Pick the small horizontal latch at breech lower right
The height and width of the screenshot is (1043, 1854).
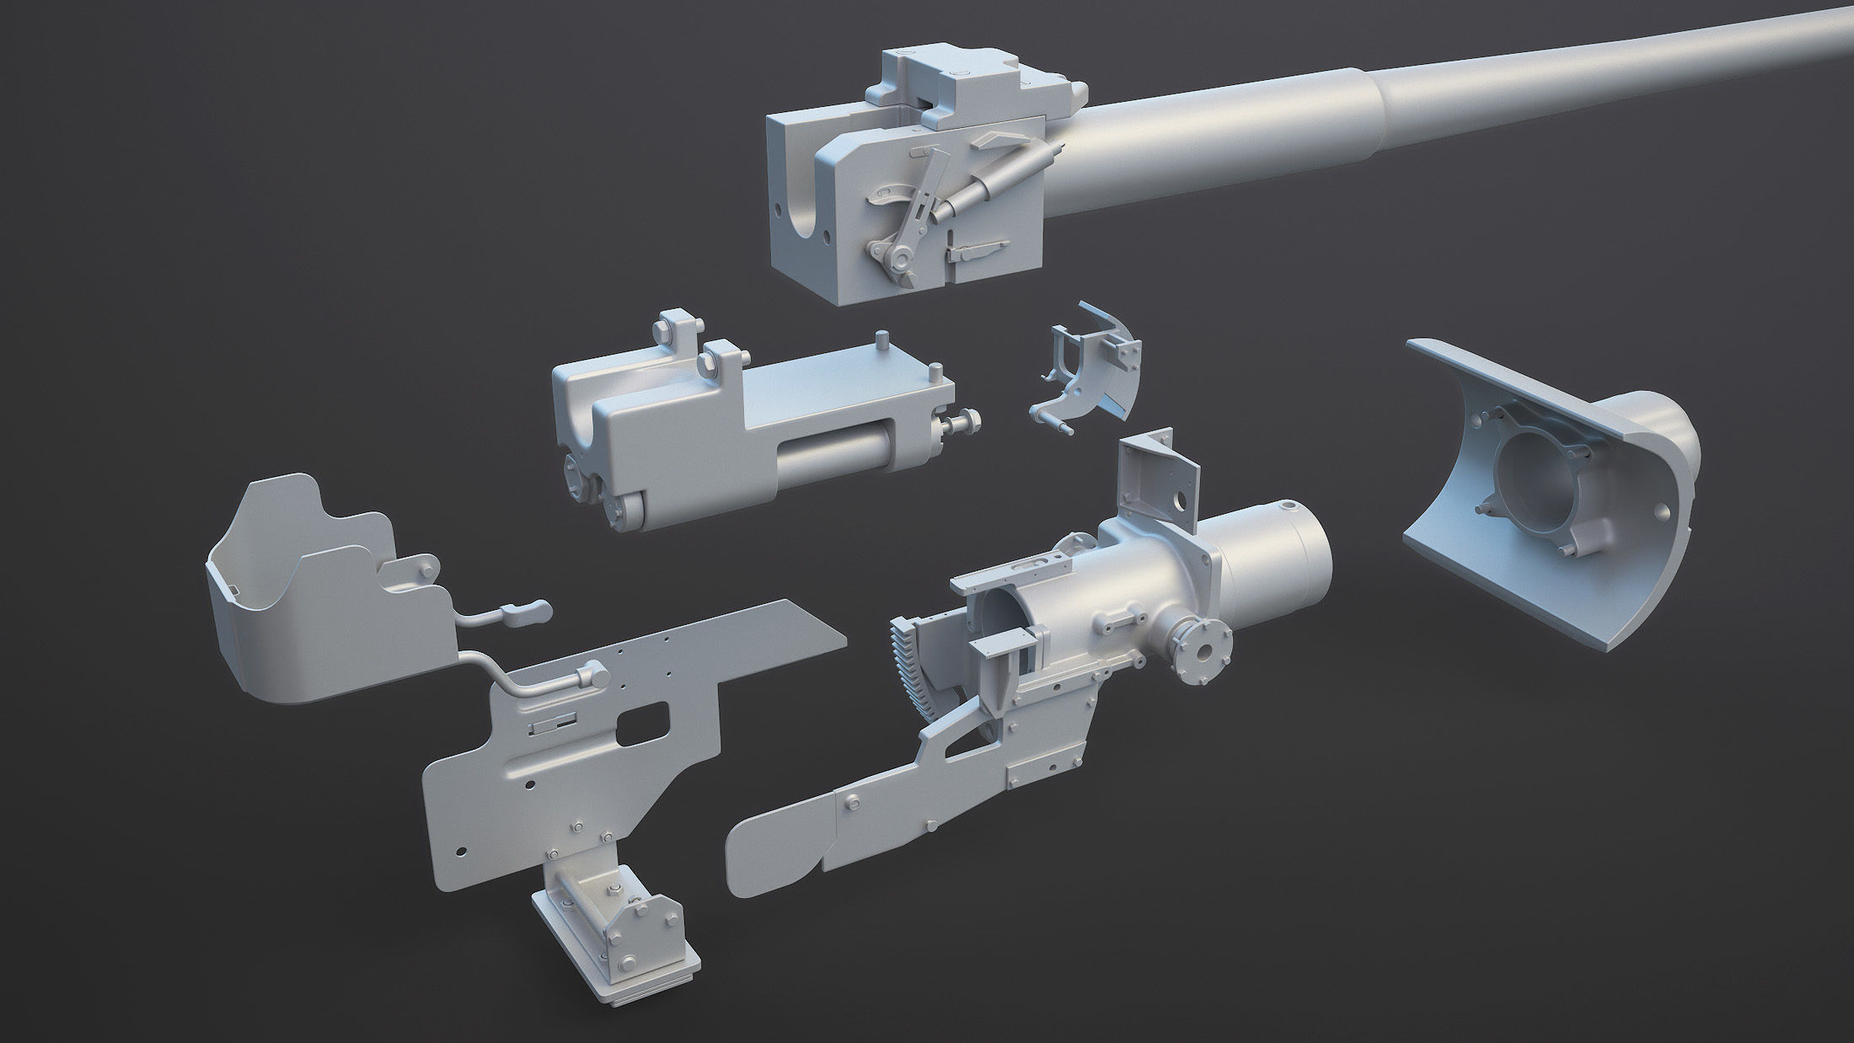pos(978,251)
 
